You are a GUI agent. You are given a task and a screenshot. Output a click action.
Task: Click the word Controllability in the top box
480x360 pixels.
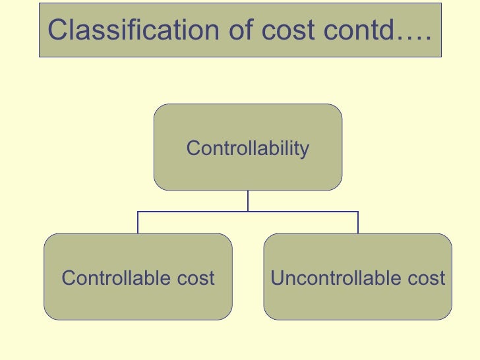click(248, 148)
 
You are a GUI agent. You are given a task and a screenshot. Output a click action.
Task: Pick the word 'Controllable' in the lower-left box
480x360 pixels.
click(108, 278)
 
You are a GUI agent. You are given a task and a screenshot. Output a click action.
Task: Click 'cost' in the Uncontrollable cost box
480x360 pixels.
click(425, 278)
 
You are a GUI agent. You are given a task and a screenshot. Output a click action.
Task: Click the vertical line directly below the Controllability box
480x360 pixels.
click(248, 201)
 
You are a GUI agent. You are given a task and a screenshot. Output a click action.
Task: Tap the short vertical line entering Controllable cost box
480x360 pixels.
click(138, 224)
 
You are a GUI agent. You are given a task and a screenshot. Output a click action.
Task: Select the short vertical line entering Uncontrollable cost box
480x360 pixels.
click(358, 224)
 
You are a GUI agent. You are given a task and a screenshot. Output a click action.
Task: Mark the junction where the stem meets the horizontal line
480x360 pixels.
click(248, 212)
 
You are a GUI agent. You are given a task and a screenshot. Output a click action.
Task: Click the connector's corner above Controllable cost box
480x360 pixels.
click(138, 212)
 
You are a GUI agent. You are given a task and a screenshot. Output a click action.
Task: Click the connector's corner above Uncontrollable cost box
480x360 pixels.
click(358, 212)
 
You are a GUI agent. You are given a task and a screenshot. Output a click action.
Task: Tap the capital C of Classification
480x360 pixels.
click(57, 30)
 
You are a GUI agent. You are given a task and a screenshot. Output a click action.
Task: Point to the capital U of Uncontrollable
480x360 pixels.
click(277, 278)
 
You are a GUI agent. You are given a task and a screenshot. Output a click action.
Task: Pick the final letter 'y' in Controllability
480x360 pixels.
click(304, 150)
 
